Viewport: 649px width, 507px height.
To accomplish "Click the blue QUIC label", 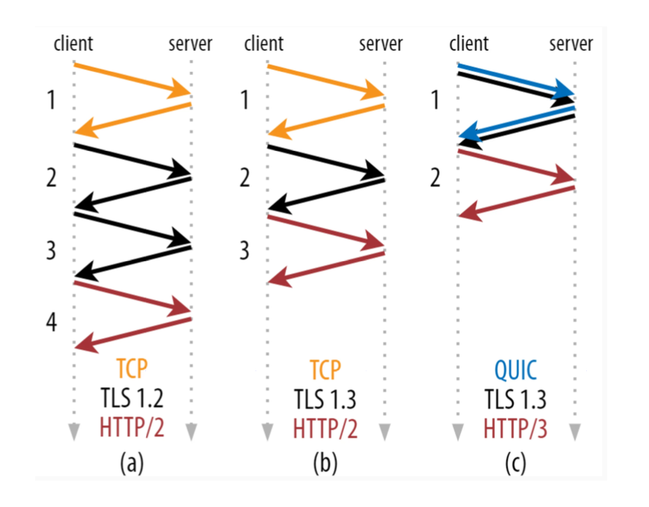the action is [x=516, y=370].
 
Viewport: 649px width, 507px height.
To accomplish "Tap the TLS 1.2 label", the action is [x=132, y=397].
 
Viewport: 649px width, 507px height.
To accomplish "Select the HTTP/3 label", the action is [x=515, y=429].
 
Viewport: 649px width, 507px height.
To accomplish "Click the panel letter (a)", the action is [x=132, y=462].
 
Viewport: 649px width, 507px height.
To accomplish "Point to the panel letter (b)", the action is [x=325, y=462].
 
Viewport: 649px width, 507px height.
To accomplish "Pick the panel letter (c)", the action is [x=516, y=462].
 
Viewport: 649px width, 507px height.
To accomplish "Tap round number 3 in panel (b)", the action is [x=245, y=250].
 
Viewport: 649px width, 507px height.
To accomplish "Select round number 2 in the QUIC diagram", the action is [x=435, y=178].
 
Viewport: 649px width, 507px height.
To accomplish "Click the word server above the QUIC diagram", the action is [x=571, y=44].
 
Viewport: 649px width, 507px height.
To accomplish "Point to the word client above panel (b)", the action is [x=264, y=43].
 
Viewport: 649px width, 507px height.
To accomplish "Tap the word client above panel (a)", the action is [x=73, y=43].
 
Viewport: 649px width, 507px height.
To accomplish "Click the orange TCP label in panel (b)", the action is [x=325, y=370].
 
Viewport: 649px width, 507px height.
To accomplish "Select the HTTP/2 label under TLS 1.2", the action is [x=132, y=427].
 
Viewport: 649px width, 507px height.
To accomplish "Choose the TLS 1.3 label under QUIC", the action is [x=515, y=399].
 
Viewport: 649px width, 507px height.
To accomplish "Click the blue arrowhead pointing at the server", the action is [x=564, y=89].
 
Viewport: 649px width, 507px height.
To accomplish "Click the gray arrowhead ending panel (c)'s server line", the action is [x=575, y=432].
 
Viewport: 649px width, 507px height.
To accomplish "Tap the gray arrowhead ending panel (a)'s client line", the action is [x=74, y=432].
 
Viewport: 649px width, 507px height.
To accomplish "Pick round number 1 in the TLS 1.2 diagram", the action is [x=51, y=100].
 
